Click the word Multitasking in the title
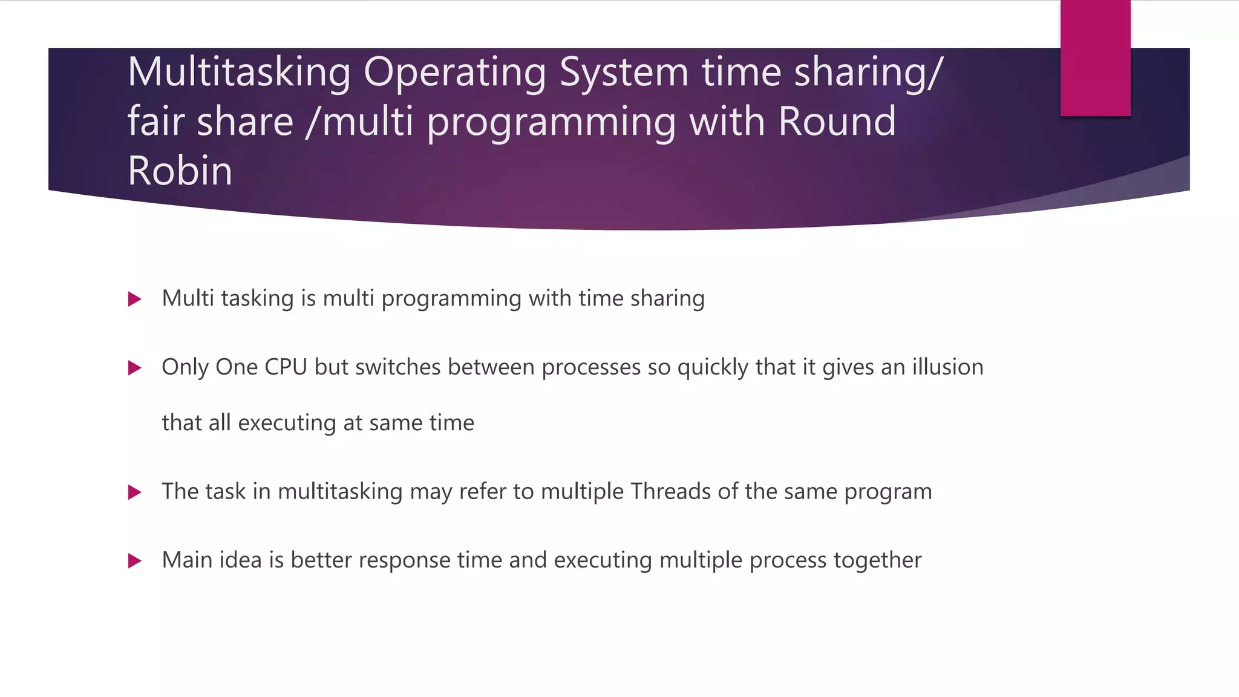coord(238,73)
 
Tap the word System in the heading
coord(623,73)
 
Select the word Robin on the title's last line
coord(180,171)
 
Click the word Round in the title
coord(837,122)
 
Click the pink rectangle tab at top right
coord(1095,57)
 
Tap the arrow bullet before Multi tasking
coord(135,299)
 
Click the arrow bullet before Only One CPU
coord(135,368)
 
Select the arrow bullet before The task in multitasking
coord(135,492)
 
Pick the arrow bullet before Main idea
coord(135,561)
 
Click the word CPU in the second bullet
coord(286,367)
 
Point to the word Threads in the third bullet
coord(670,491)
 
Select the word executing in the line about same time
coord(287,423)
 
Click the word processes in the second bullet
coord(591,368)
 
